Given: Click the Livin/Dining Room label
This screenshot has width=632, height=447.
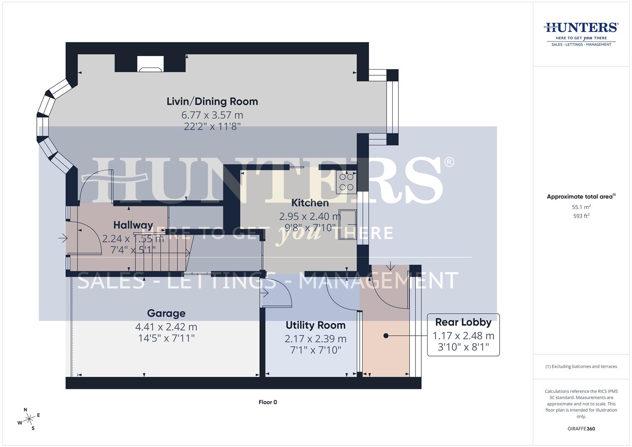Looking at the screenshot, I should point(212,101).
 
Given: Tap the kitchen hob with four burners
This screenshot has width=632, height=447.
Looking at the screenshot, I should point(346,182).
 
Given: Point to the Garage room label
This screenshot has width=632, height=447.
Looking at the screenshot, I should point(166,313).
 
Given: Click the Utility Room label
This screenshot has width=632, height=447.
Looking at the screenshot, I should point(315,325).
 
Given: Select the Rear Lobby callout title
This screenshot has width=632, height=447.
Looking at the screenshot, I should point(463,322).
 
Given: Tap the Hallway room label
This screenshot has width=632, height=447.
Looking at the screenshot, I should point(133,225).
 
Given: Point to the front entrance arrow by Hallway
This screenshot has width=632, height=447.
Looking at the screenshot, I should point(63,238).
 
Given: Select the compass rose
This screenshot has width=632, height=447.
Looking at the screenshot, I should point(29,419).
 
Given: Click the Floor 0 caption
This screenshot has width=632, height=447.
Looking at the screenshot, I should point(268,402).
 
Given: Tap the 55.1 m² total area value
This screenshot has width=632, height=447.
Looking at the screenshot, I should point(581,207).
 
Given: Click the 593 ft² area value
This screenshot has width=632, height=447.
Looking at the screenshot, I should point(581,216).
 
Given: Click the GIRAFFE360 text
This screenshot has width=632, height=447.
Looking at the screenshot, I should point(581,429).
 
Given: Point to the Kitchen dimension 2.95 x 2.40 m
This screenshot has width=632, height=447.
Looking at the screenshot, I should point(310,216).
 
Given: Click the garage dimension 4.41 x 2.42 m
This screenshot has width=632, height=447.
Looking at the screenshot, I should point(166,327).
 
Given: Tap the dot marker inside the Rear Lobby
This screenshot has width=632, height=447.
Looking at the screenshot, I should point(386,336).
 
